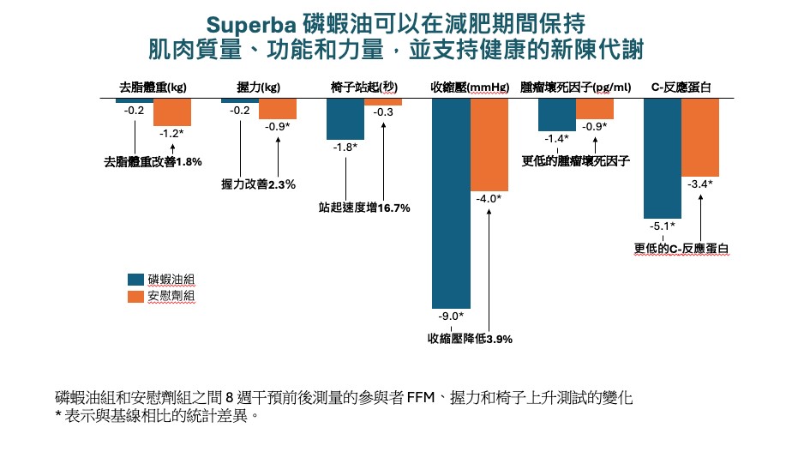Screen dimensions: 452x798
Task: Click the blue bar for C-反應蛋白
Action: click(662, 158)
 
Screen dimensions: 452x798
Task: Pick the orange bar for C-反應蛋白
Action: click(700, 137)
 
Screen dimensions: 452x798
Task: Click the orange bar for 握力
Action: click(278, 109)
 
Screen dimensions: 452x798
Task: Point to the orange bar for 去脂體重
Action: click(172, 111)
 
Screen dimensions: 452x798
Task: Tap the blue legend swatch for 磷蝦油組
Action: click(135, 279)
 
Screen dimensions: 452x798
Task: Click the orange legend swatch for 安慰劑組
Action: click(135, 296)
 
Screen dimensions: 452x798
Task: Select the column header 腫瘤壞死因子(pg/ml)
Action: click(575, 87)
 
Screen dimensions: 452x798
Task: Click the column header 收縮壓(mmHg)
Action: click(471, 87)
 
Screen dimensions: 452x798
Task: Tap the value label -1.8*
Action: click(345, 148)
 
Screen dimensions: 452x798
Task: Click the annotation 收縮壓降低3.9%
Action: click(470, 339)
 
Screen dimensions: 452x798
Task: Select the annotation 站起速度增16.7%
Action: click(364, 208)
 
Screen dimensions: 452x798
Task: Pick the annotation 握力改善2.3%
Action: click(258, 184)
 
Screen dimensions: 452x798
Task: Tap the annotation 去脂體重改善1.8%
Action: click(153, 161)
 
